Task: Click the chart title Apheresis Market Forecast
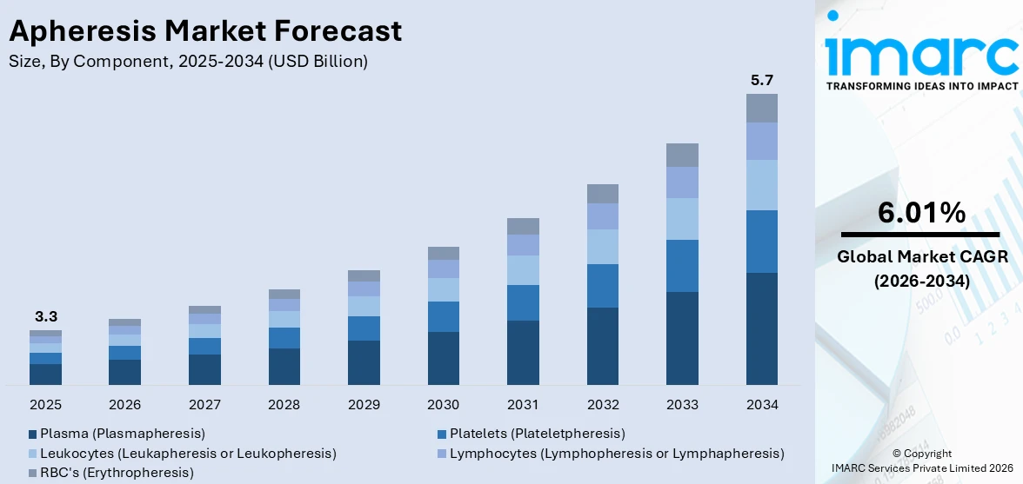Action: click(x=205, y=31)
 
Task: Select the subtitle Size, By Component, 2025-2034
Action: click(x=188, y=61)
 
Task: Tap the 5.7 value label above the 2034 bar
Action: click(x=761, y=80)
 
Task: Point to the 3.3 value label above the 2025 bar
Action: click(x=45, y=316)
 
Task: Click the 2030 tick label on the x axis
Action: click(x=443, y=405)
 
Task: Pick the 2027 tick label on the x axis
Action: click(x=204, y=405)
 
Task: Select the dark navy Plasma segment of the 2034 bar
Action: click(x=761, y=328)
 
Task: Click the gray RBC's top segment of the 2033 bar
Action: click(x=682, y=155)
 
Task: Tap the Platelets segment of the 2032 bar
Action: click(x=602, y=286)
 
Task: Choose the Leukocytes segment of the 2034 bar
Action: click(x=761, y=184)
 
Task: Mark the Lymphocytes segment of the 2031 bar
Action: click(x=523, y=245)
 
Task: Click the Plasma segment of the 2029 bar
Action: click(x=364, y=362)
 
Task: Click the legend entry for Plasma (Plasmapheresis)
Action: click(x=122, y=433)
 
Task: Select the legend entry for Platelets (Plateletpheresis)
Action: click(x=537, y=433)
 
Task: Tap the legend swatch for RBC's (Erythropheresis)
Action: click(x=33, y=473)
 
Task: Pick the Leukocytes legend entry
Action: click(x=188, y=453)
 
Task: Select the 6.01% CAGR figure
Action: click(x=921, y=213)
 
